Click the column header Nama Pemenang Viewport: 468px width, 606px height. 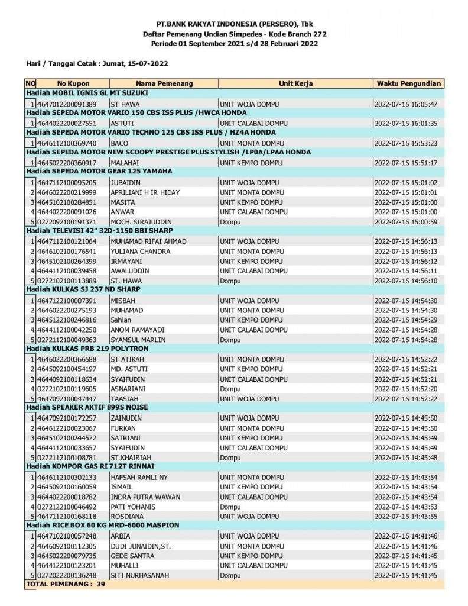pos(164,83)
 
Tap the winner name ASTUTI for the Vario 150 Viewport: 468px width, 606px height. pos(122,123)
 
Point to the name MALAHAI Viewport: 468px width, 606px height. pos(125,163)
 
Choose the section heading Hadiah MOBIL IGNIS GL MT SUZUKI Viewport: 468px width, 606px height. pos(87,93)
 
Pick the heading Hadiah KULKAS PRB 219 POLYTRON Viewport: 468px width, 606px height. pos(87,349)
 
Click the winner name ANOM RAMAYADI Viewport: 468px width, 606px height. pos(137,330)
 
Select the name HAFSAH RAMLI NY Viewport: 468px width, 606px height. pos(139,477)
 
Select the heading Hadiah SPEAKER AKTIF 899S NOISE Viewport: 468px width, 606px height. pos(87,408)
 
